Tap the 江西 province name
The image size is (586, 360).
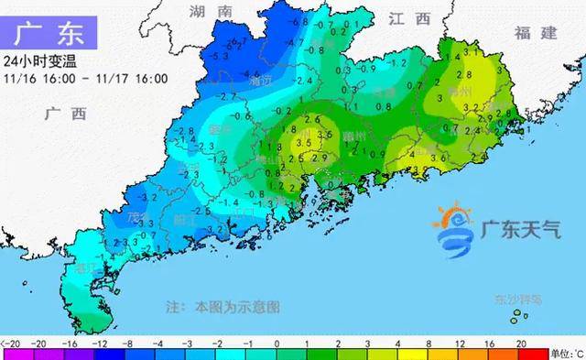click(408, 17)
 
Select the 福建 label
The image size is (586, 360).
click(536, 33)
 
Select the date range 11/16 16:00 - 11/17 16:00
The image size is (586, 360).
click(85, 78)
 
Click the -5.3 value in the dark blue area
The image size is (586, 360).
click(221, 57)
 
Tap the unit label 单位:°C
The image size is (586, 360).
click(563, 353)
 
